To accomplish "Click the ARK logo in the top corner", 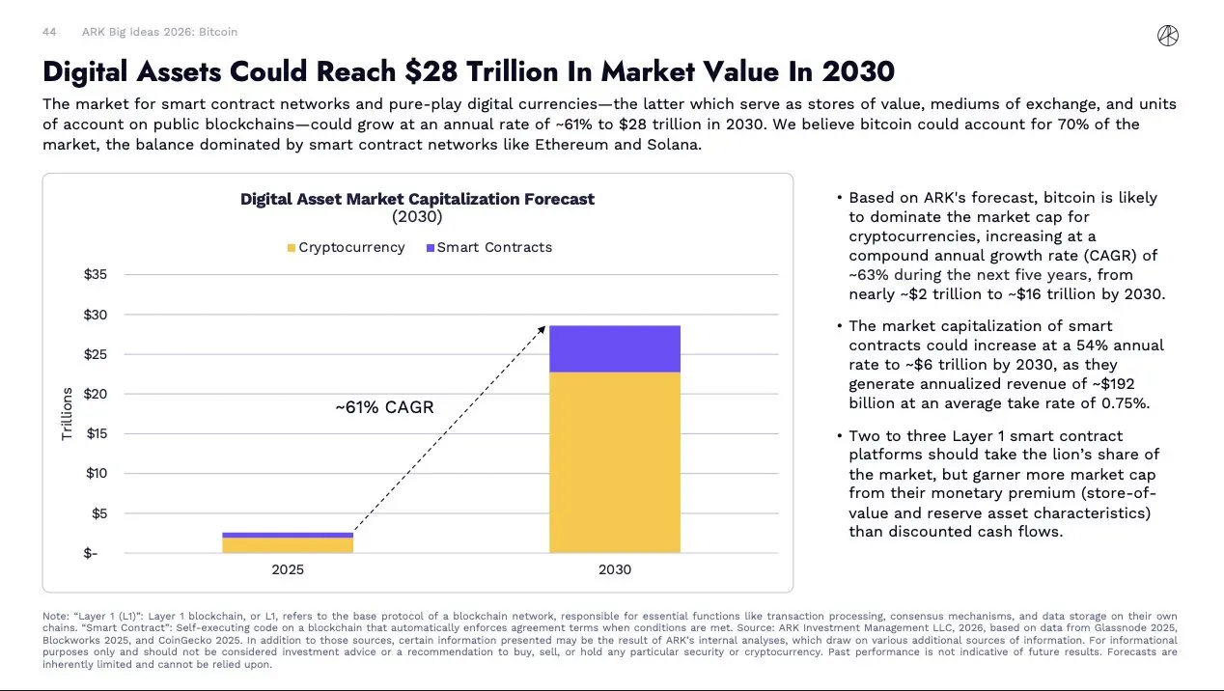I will [1167, 36].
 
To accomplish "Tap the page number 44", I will [49, 32].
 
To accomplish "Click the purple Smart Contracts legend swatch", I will [430, 248].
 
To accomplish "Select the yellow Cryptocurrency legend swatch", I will [292, 248].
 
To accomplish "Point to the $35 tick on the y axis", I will [95, 275].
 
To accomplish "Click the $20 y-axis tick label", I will [95, 394].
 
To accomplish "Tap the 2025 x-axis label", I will [288, 569].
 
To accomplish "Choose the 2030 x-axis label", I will [615, 569].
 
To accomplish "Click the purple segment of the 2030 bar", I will [615, 348].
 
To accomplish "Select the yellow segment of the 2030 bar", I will [615, 462].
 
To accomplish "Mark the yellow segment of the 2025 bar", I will [288, 545].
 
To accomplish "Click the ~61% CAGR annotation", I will [384, 407].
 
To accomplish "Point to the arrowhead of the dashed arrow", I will [543, 328].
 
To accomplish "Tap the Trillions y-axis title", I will [67, 413].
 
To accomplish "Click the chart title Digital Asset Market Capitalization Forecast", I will [417, 199].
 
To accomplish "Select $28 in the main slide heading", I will [431, 71].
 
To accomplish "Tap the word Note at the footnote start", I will [56, 616].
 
